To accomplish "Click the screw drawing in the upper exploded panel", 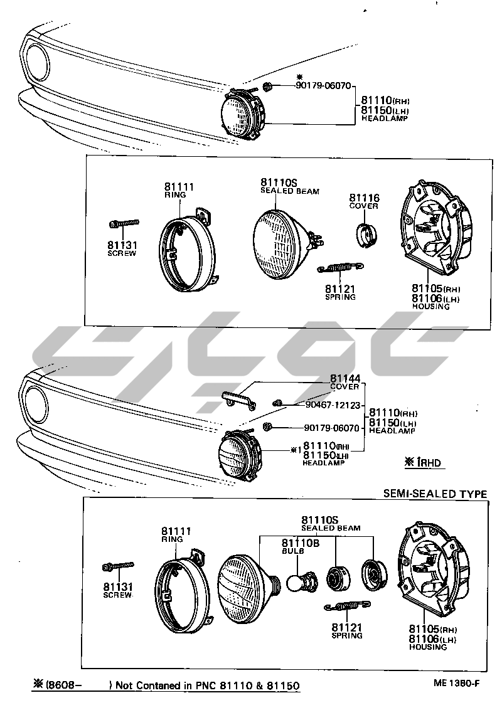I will [123, 223].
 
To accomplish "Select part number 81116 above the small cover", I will [365, 198].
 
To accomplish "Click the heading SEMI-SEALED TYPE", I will [435, 494].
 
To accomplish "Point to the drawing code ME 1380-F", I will [455, 684].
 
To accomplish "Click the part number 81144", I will [344, 379].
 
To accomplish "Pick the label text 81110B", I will [300, 542].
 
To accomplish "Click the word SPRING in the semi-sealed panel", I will [347, 635].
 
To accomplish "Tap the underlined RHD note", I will [424, 463].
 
